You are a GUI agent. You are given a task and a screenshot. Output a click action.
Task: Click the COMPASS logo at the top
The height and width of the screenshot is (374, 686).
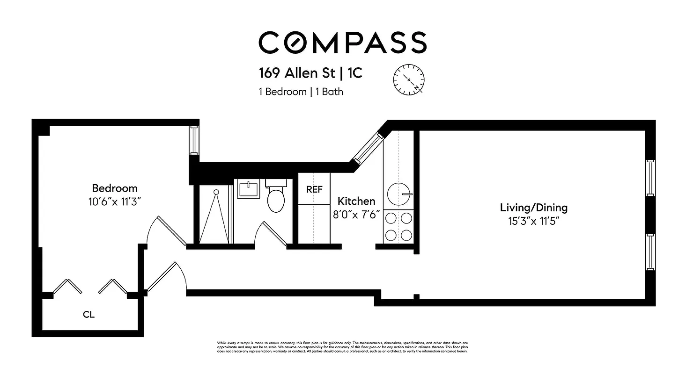tap(342, 43)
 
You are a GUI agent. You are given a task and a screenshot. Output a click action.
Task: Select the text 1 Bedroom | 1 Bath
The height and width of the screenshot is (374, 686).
tap(301, 92)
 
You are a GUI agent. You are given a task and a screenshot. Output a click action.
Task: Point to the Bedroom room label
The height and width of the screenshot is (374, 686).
tap(115, 188)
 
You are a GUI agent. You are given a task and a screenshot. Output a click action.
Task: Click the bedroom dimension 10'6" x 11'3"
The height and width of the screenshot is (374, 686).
tap(115, 202)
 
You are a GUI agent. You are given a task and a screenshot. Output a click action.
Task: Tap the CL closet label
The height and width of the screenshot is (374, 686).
tap(89, 315)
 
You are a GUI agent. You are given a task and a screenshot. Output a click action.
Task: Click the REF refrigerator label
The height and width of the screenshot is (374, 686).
tap(314, 189)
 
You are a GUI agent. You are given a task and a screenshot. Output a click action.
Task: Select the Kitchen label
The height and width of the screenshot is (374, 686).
tap(356, 201)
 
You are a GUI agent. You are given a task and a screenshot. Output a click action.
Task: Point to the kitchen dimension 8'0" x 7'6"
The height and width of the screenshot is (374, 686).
tap(356, 215)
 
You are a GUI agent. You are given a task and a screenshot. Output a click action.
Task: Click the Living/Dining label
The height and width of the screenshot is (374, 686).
tap(533, 207)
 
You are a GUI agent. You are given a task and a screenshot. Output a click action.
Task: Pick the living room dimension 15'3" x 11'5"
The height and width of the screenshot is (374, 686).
tap(533, 220)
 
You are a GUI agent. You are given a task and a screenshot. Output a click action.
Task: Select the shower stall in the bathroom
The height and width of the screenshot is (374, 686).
tap(216, 215)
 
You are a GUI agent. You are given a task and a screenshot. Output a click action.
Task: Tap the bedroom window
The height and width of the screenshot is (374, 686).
tap(194, 140)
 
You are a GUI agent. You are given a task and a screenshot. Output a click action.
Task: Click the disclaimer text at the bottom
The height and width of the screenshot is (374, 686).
tap(342, 347)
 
